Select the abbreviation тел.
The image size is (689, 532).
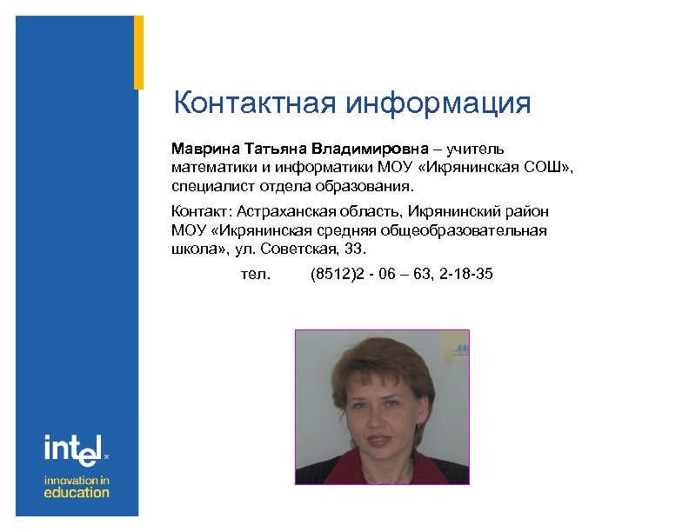tap(255, 275)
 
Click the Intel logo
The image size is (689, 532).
tap(74, 449)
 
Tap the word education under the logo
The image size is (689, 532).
tap(77, 493)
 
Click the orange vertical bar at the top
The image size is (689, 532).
tap(138, 52)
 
